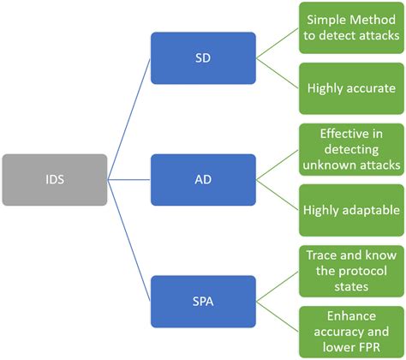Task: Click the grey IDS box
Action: pos(55,180)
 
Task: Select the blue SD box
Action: pos(204,58)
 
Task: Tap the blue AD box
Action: pos(204,180)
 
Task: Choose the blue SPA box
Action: pos(204,302)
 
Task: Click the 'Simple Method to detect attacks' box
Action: pos(351,27)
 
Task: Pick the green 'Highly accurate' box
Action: pos(351,88)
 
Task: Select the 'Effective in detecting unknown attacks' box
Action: pos(351,149)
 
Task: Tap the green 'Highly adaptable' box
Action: pos(351,210)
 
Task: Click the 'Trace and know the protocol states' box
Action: pos(351,271)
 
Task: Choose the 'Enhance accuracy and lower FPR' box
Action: pos(351,332)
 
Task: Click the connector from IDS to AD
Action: pos(129,180)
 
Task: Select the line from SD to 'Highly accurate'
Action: pos(278,74)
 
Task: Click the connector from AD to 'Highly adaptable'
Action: pos(278,195)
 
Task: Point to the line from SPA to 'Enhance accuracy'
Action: pos(278,317)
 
